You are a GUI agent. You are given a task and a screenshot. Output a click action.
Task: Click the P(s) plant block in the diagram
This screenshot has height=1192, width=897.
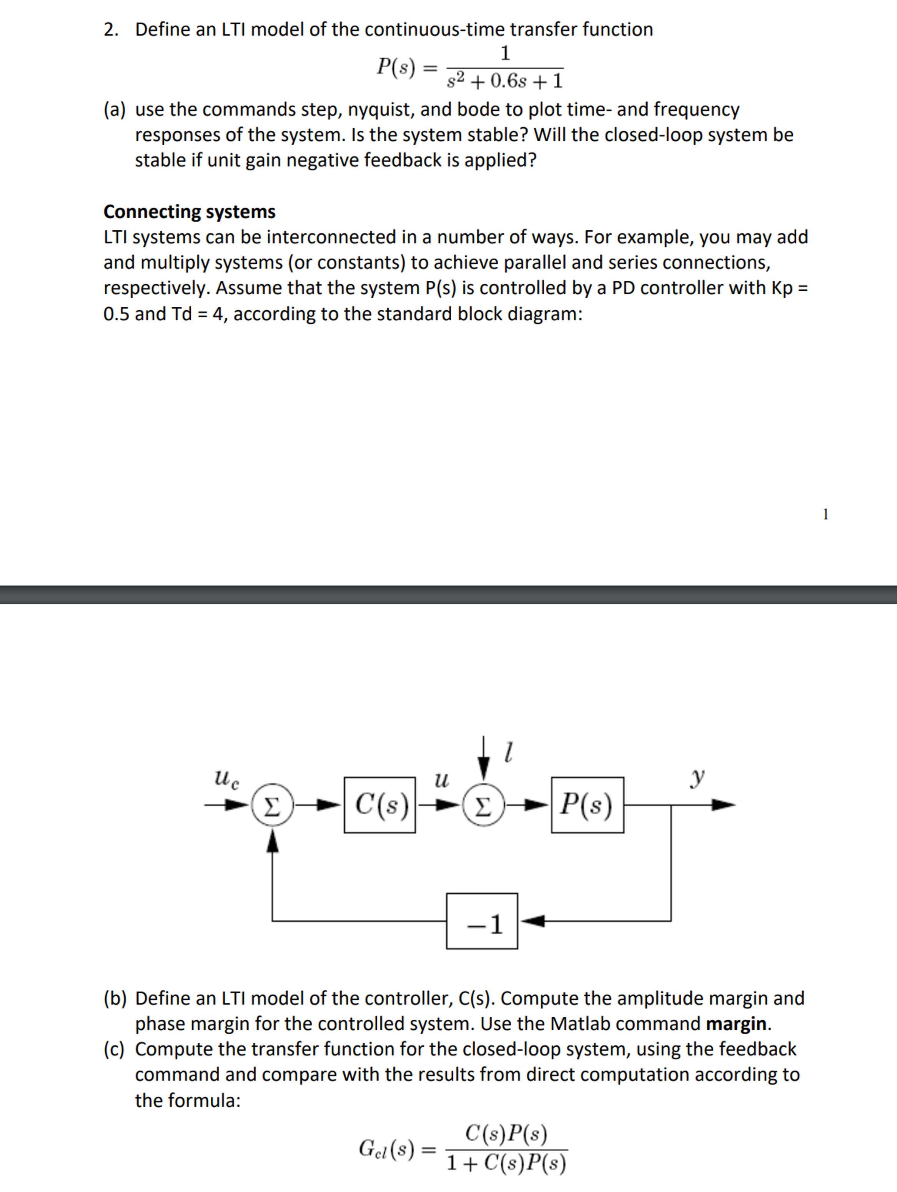pyautogui.click(x=587, y=805)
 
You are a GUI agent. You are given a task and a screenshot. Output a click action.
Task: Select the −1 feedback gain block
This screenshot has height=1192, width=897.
pyautogui.click(x=482, y=921)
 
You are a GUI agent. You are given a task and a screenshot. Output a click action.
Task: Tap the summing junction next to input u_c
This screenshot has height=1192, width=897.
pyautogui.click(x=273, y=805)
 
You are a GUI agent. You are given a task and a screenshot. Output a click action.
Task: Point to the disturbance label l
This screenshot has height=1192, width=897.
pyautogui.click(x=508, y=751)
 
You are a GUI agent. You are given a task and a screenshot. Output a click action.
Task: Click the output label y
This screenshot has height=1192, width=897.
pyautogui.click(x=697, y=777)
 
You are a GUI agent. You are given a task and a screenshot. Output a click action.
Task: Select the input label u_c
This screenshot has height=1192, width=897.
pyautogui.click(x=226, y=778)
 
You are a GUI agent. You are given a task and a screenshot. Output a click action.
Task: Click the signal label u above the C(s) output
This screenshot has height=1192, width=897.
pyautogui.click(x=441, y=779)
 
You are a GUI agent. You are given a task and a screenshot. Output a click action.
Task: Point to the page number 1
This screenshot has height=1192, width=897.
pyautogui.click(x=825, y=514)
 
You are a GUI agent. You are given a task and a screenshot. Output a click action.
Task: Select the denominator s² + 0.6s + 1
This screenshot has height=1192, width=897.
pyautogui.click(x=505, y=81)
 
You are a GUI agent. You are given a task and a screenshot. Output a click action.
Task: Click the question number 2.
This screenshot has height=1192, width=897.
pyautogui.click(x=111, y=29)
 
